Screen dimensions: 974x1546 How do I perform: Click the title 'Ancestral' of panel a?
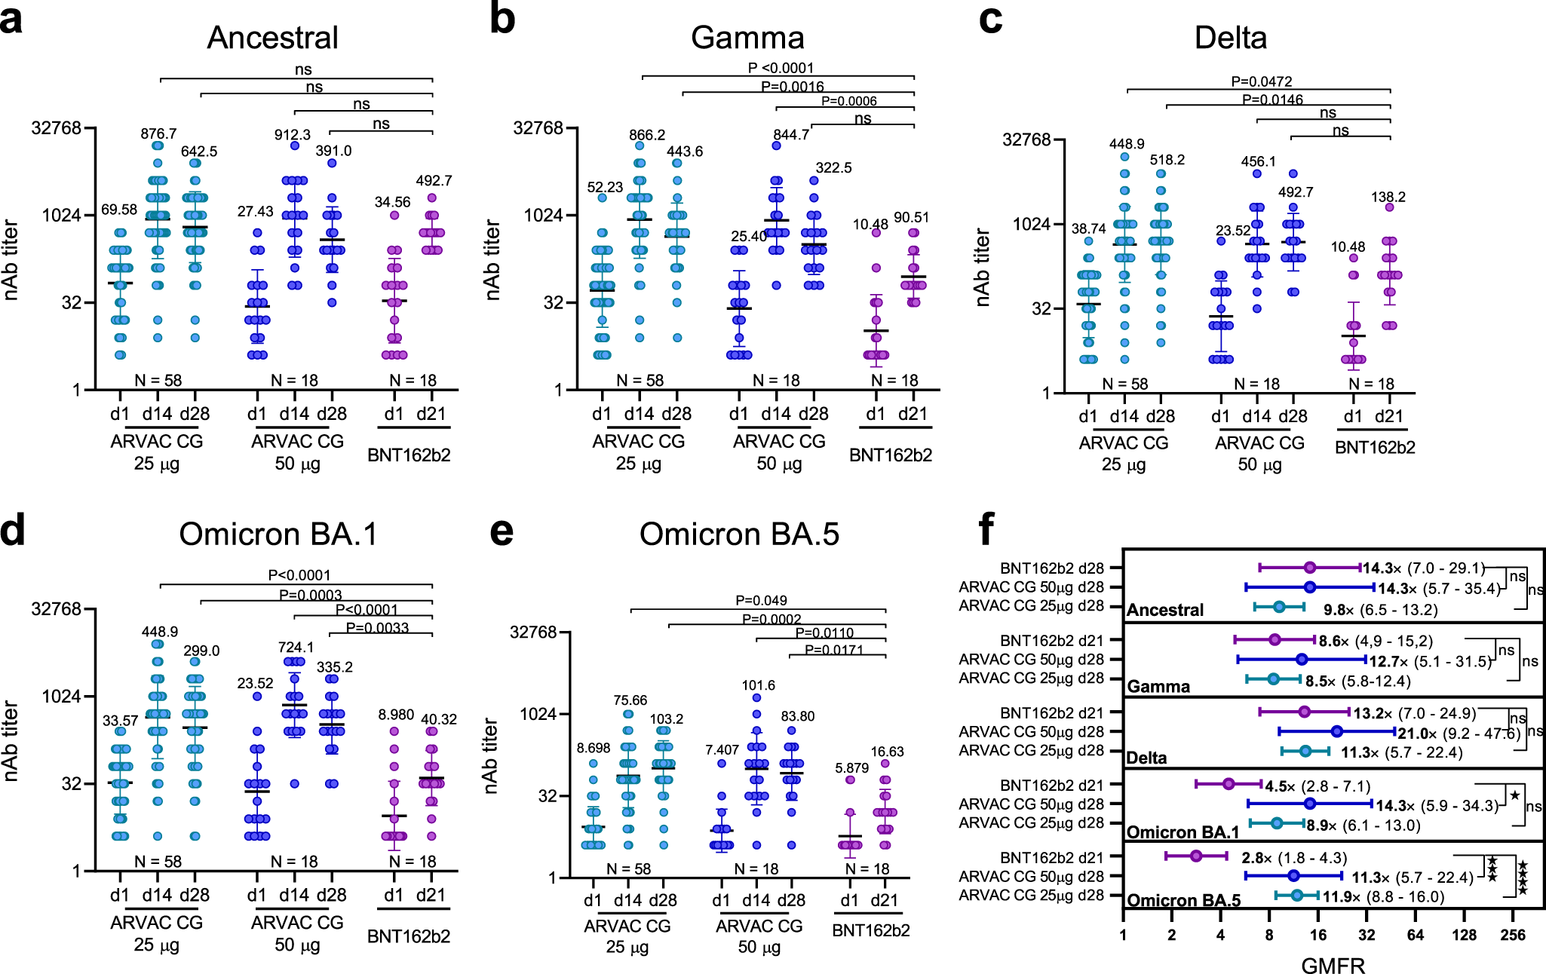click(x=272, y=38)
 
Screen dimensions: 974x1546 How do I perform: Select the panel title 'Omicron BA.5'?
click(x=739, y=534)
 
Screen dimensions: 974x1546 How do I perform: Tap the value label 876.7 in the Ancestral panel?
click(x=158, y=133)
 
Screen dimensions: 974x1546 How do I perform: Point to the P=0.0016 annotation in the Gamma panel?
click(x=792, y=87)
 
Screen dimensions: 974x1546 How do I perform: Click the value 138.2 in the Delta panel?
click(x=1388, y=197)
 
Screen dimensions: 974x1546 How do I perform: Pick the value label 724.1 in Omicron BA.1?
click(x=296, y=647)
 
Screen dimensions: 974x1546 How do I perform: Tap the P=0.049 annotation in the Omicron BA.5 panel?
click(x=761, y=600)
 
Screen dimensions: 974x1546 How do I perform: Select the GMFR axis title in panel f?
click(x=1333, y=966)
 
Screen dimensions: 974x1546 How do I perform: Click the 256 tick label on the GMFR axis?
click(x=1513, y=935)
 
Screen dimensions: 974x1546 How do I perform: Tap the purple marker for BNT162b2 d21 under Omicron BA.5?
click(x=1196, y=856)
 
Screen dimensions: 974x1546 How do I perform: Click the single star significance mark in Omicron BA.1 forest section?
click(x=1514, y=795)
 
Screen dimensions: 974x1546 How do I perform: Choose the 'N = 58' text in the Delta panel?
click(x=1124, y=384)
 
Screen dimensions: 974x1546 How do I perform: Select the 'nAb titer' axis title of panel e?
click(x=490, y=755)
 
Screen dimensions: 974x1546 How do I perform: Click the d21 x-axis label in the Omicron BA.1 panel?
click(x=431, y=895)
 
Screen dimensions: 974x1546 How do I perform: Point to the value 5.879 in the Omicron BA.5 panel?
click(x=851, y=767)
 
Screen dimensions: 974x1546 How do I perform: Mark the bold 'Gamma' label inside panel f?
click(x=1158, y=686)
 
